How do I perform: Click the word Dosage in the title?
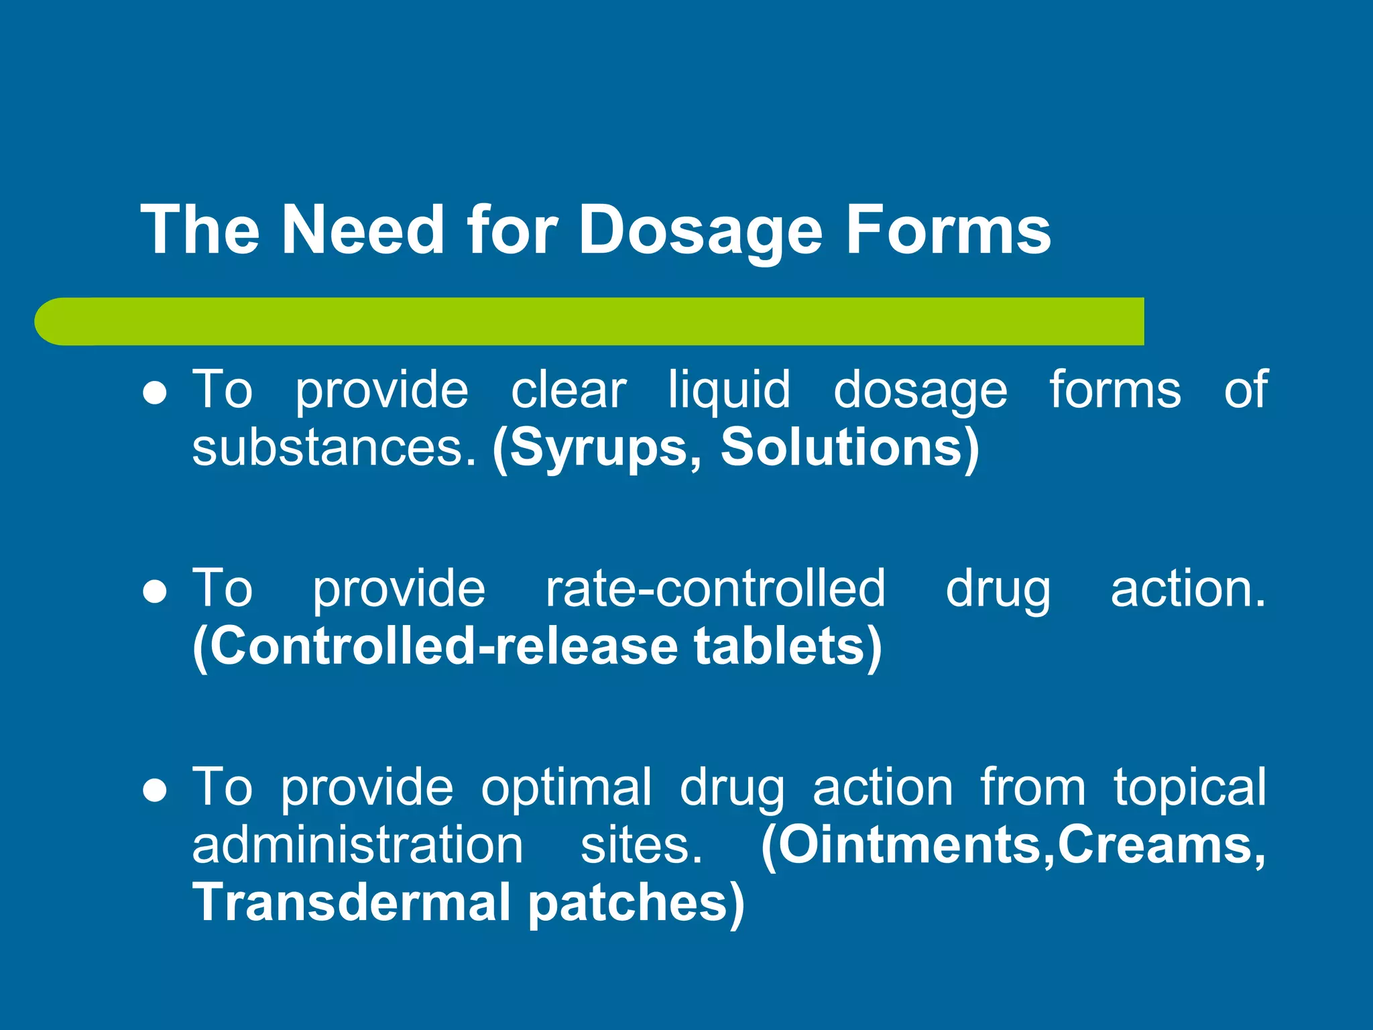(701, 231)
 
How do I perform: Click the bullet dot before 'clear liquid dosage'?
(155, 394)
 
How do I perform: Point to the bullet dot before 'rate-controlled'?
(155, 592)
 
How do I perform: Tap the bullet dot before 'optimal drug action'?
(155, 791)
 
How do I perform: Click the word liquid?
(729, 390)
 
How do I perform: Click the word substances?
(333, 448)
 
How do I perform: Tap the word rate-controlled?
(715, 589)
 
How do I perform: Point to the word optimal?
(566, 788)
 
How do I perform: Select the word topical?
(1190, 788)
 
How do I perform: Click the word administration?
(357, 845)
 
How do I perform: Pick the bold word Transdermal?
(352, 903)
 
